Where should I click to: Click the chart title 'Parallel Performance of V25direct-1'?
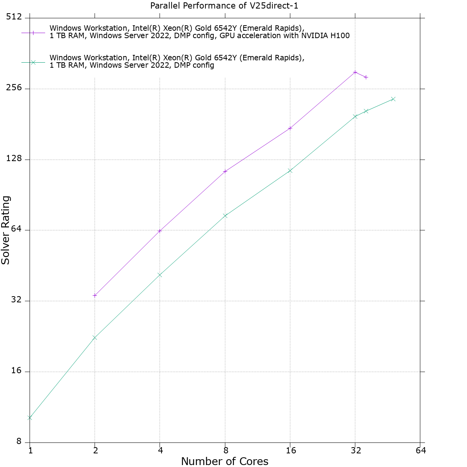coord(224,6)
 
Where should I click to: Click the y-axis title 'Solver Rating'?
coord(6,230)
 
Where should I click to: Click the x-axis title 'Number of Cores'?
coord(225,462)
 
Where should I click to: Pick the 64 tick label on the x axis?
coord(421,451)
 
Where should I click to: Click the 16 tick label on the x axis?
coord(290,451)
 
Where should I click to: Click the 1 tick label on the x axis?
coord(30,451)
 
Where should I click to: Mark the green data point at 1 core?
coord(30,418)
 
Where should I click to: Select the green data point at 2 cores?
coord(95,337)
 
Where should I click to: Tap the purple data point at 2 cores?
coord(95,295)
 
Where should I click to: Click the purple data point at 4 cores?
coord(160,231)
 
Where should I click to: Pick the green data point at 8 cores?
coord(225,216)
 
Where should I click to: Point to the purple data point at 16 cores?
coord(290,128)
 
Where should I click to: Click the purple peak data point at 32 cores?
coord(355,72)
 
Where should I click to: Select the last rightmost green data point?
coord(393,99)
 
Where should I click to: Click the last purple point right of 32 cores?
coord(366,77)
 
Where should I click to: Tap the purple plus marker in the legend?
coord(33,33)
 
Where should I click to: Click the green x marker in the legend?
coord(33,62)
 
